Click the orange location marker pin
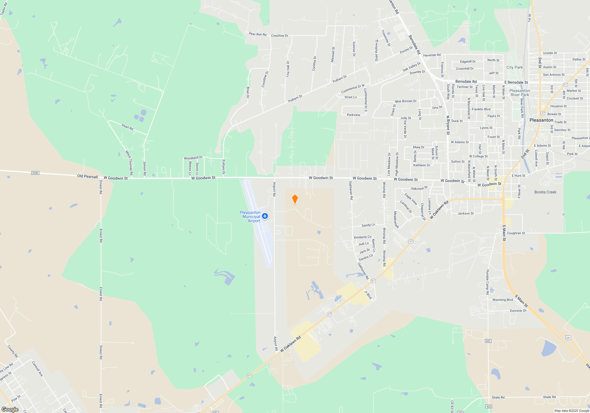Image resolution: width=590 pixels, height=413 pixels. pos(295,199)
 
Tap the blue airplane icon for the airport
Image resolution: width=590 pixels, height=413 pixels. pos(265,216)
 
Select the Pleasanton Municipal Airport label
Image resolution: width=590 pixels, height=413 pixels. pos(250,217)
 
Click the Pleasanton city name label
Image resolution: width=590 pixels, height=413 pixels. pos(541,120)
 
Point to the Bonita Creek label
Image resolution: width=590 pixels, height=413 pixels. pos(545,192)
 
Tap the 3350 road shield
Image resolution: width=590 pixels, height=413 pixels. pos(35,173)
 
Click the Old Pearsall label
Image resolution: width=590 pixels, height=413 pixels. pos(87,176)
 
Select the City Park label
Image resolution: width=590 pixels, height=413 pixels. pos(514,67)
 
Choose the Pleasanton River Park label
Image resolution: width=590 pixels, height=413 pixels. pos(519,93)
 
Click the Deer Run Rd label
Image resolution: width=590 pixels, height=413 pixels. pos(258,34)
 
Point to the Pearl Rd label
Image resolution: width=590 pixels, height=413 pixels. pos(127,127)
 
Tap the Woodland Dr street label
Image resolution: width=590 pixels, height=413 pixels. pos(193,158)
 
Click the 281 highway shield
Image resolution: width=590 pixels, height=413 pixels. pos(568,337)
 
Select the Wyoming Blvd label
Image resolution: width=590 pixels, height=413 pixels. pos(503,300)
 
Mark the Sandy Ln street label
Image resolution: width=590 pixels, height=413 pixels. pos(368,225)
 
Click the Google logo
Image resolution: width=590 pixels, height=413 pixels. pos(10,409)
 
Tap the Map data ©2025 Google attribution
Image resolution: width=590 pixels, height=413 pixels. pos(572,411)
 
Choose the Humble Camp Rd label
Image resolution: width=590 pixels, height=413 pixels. pos(488,282)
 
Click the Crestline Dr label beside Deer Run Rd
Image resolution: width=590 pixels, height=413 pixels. pos(280,36)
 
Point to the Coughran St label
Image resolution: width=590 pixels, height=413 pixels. pos(516,233)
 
